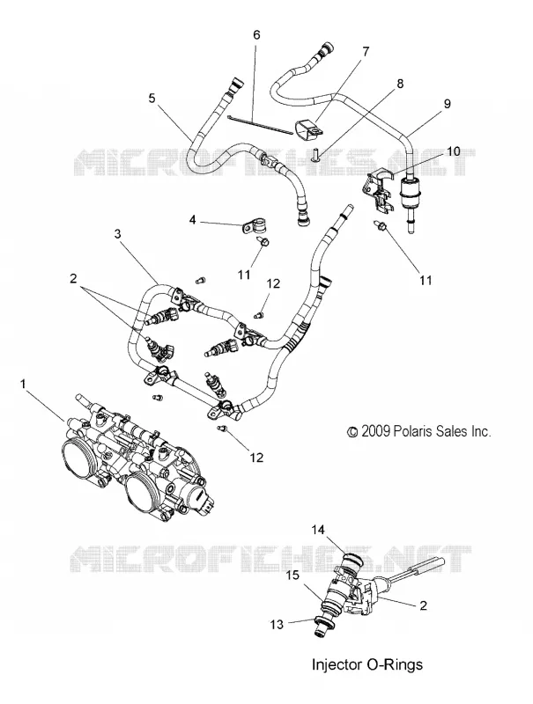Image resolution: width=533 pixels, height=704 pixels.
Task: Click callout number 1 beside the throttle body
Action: click(x=23, y=385)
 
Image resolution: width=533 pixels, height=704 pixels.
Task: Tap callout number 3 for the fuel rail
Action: click(x=117, y=234)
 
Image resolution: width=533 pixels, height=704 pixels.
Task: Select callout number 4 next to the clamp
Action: click(x=192, y=222)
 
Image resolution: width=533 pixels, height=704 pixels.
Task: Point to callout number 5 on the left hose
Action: click(x=152, y=98)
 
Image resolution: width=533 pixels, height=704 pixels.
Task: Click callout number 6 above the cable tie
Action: click(x=256, y=34)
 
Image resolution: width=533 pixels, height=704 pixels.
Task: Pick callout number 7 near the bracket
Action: click(x=366, y=52)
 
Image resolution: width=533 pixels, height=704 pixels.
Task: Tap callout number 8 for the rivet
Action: click(x=400, y=84)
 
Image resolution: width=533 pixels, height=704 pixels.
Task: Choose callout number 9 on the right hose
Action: click(x=434, y=104)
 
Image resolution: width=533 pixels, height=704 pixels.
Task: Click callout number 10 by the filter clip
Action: click(x=454, y=150)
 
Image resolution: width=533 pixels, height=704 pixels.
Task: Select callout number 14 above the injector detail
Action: click(x=318, y=531)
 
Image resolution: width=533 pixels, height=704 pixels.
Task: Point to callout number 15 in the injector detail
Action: click(x=292, y=576)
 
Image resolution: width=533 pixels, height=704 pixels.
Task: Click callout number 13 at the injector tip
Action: click(x=278, y=624)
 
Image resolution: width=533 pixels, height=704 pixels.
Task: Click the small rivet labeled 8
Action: click(x=315, y=154)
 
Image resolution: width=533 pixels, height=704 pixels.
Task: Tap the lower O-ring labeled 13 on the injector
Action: click(x=323, y=624)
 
